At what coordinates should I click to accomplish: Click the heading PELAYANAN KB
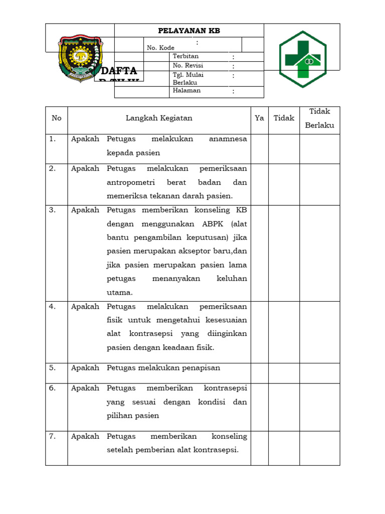pos(189,31)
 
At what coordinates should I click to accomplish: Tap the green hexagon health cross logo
pos(302,59)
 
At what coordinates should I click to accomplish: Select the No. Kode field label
pos(160,48)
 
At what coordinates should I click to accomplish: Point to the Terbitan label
pos(185,56)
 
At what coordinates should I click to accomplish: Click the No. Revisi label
pos(187,66)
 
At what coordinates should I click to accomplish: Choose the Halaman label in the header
pos(186,91)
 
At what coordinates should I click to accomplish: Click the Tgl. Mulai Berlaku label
pos(188,78)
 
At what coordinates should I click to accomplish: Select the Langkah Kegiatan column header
pos(159,118)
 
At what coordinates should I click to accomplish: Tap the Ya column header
pos(259,118)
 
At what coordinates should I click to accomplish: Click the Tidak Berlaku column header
pos(319,118)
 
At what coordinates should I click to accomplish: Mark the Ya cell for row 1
pos(259,149)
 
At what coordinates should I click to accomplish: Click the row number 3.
pos(53,210)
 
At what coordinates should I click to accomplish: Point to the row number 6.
pos(53,388)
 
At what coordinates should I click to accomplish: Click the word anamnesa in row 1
pos(228,139)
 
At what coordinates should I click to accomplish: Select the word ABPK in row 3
pos(201,224)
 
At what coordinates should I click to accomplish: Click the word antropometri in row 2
pos(131,182)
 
